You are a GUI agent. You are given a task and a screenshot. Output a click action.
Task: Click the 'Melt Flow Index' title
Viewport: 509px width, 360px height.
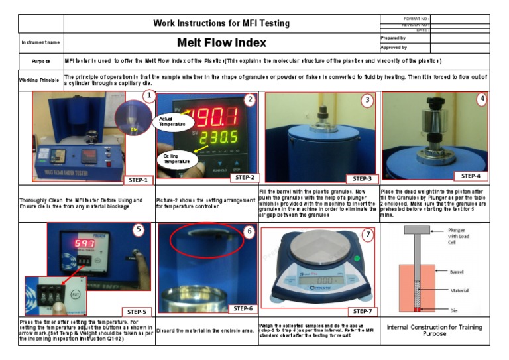221,43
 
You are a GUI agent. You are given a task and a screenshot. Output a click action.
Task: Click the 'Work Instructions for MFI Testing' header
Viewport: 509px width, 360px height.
221,23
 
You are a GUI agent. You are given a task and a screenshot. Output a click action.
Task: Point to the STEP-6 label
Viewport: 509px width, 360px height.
243,309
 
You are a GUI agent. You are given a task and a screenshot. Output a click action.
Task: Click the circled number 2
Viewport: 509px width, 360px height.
249,100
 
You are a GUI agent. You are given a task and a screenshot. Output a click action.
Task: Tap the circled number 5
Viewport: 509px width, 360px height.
138,231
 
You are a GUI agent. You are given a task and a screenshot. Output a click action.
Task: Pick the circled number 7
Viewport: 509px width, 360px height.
368,234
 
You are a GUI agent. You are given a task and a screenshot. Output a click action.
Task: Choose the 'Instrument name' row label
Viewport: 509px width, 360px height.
40,43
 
